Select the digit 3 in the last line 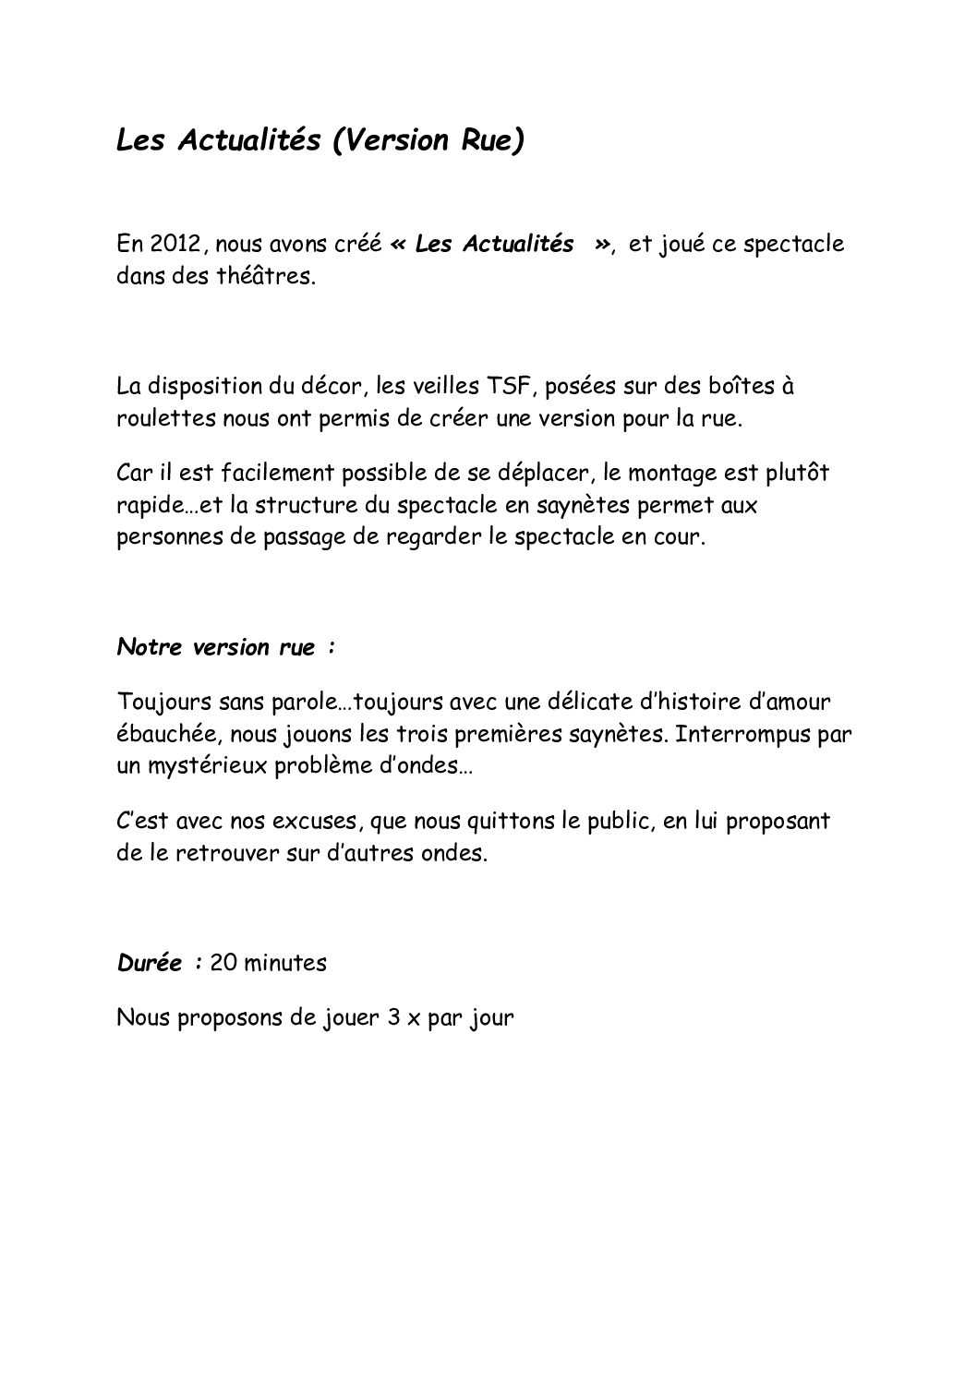click(x=392, y=1018)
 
